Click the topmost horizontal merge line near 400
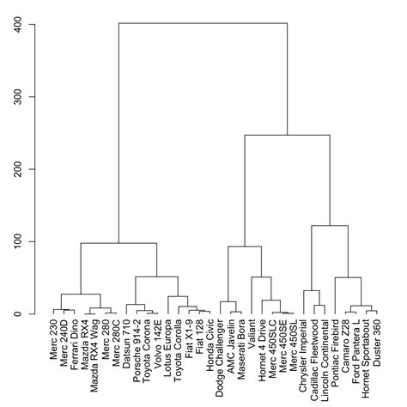203,24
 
